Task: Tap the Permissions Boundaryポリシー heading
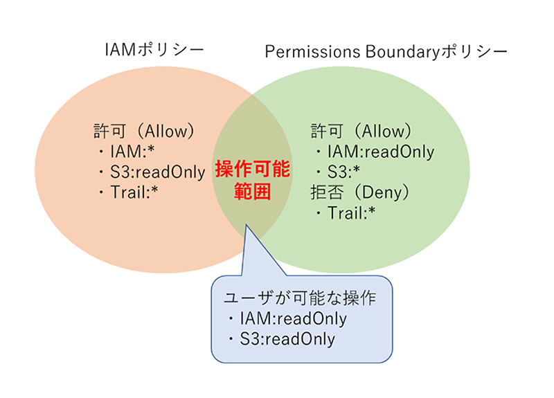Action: [x=386, y=51]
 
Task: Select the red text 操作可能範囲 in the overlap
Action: [x=253, y=180]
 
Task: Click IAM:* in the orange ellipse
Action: [x=132, y=152]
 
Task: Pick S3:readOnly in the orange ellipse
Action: [x=158, y=172]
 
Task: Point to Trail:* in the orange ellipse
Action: [x=134, y=192]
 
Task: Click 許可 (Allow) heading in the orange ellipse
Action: [x=144, y=131]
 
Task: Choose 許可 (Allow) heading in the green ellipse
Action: [x=361, y=131]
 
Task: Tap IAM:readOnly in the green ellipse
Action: [x=380, y=152]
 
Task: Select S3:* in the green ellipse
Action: [x=343, y=172]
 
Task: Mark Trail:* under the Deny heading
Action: [x=352, y=213]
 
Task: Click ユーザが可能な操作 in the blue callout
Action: [x=300, y=298]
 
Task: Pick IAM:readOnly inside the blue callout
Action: [x=293, y=318]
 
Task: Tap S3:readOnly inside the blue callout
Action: [x=287, y=339]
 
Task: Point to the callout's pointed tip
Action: [x=247, y=225]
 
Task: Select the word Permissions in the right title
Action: [x=312, y=51]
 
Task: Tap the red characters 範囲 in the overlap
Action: [x=252, y=192]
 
